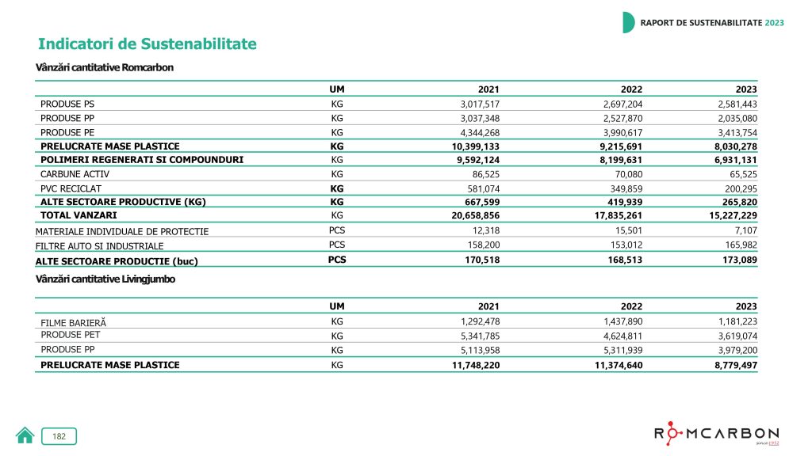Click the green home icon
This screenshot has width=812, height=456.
point(25,435)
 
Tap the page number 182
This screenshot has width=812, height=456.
point(59,436)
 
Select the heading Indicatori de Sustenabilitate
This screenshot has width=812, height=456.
point(147,44)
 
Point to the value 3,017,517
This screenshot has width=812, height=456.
point(480,104)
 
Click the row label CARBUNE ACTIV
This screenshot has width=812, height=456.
point(75,173)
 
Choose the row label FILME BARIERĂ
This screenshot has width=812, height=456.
point(73,322)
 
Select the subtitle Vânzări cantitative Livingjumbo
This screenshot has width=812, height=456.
point(105,279)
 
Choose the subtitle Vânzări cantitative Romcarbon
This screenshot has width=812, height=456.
point(105,67)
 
